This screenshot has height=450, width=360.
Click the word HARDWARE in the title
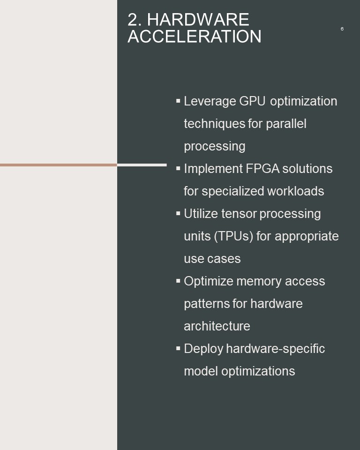(x=198, y=20)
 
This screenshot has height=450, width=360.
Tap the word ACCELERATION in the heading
(x=195, y=37)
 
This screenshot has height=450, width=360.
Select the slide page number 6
(x=342, y=29)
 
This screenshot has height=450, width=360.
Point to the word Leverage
(x=210, y=102)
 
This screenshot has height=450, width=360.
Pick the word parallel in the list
(x=286, y=124)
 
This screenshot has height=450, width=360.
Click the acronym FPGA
(x=262, y=168)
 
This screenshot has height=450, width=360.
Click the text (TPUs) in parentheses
(x=233, y=236)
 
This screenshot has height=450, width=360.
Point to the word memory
(x=259, y=282)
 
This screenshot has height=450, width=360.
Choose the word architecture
(x=217, y=326)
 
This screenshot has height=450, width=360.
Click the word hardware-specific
(x=275, y=349)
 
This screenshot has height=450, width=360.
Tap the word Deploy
(x=203, y=349)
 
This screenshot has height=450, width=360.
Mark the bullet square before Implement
(x=178, y=168)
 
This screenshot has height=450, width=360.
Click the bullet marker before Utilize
(x=178, y=214)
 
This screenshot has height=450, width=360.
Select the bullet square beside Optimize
(x=178, y=281)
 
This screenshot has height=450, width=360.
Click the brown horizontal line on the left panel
(x=59, y=165)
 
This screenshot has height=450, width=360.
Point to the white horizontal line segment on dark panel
(x=142, y=165)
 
